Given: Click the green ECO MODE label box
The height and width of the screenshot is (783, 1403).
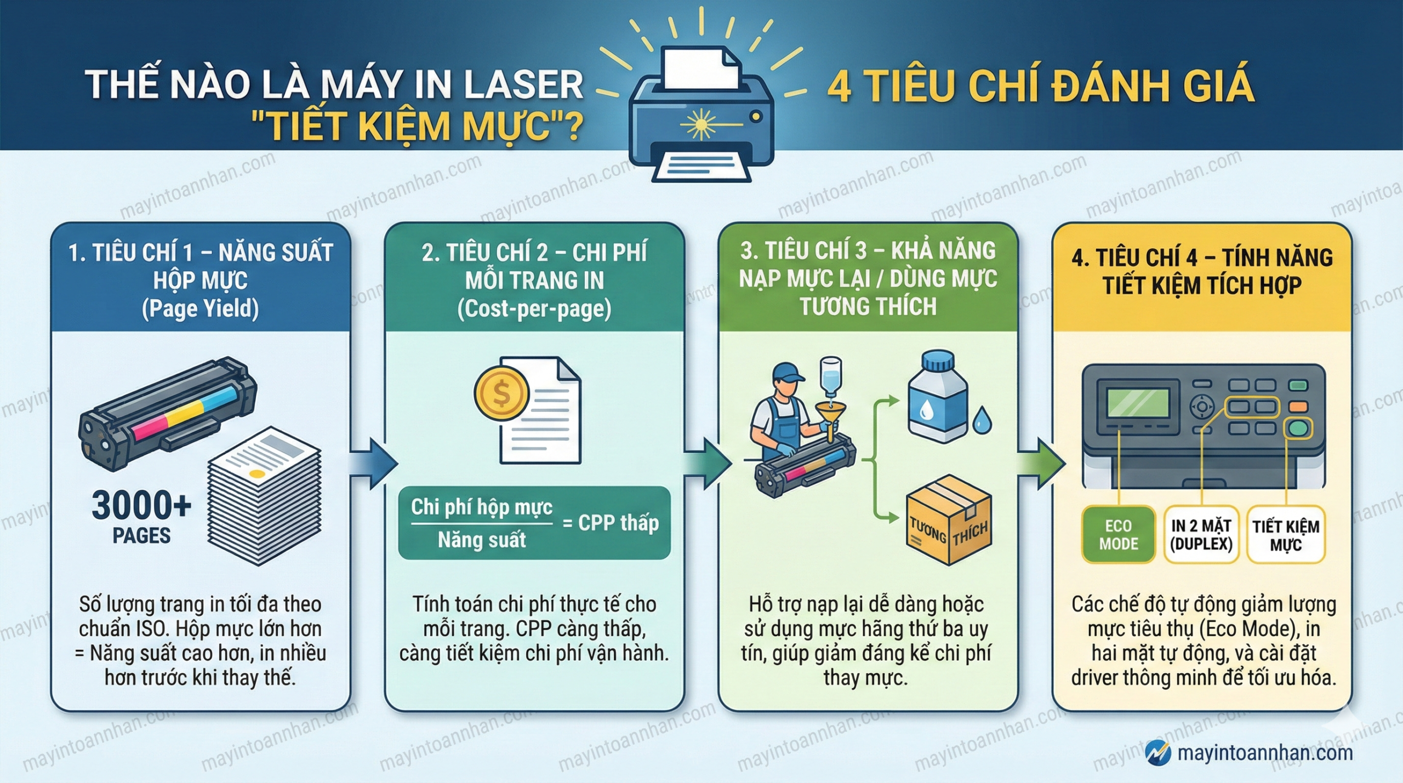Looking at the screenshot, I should point(1118,535).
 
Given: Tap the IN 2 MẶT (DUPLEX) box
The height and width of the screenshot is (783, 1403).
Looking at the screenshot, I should point(1201,535).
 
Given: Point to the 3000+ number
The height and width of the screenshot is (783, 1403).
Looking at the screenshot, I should point(141,505).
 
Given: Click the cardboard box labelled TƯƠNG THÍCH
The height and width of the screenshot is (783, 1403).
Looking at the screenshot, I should point(949,521).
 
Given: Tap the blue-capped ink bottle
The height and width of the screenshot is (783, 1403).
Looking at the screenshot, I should point(937,397).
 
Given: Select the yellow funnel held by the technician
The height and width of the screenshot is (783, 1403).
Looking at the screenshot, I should point(830,416).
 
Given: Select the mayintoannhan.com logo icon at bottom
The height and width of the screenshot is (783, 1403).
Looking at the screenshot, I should point(1158,753).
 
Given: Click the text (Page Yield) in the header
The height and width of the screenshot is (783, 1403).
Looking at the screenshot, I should point(200,308).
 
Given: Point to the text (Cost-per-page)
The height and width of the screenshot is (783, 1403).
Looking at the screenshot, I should point(534,308).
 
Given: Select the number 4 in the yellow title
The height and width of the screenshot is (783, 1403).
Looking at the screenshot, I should point(839,87).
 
